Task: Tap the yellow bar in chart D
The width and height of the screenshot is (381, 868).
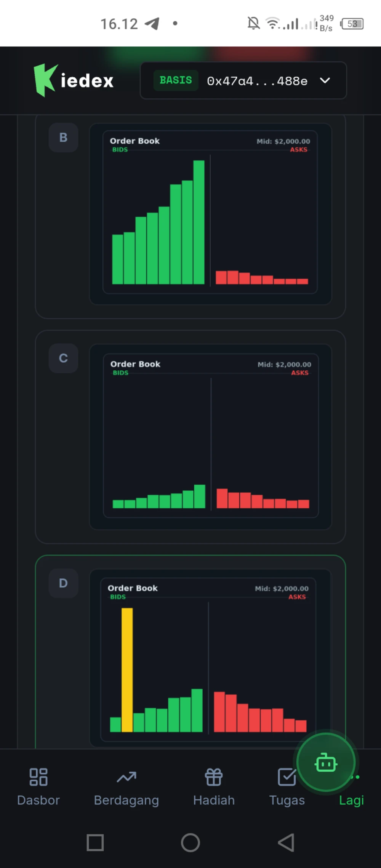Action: [x=127, y=669]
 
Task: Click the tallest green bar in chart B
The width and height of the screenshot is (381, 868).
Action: [x=199, y=222]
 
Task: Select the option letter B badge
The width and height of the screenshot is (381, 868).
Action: [x=63, y=138]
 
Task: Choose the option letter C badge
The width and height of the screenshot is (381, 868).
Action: [x=63, y=358]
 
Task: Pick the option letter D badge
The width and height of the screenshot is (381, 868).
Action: [x=63, y=583]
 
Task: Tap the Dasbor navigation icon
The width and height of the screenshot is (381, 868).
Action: [x=38, y=777]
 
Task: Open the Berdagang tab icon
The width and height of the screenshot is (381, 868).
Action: [x=126, y=777]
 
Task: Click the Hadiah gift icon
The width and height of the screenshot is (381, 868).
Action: [x=214, y=777]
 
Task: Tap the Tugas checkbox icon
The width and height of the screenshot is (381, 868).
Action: [x=287, y=777]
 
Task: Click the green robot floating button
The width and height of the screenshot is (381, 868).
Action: [x=326, y=762]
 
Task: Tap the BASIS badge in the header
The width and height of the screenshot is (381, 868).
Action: [x=176, y=80]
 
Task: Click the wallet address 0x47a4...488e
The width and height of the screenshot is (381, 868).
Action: [x=257, y=81]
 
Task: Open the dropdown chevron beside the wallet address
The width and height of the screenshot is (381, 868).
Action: [x=325, y=80]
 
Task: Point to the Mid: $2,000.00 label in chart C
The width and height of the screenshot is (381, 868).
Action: [x=284, y=365]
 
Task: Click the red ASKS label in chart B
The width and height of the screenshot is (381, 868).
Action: [x=299, y=150]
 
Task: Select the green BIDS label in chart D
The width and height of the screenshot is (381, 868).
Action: [x=118, y=597]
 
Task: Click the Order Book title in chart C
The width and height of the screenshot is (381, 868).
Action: [x=135, y=364]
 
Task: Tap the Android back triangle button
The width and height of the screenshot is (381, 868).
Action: [x=286, y=842]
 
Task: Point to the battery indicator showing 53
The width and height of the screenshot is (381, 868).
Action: [x=352, y=24]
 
